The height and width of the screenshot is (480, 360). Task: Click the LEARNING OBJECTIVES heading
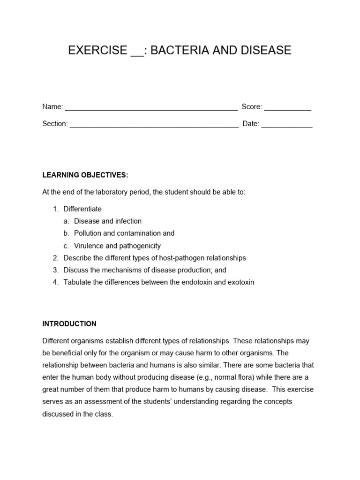point(85,175)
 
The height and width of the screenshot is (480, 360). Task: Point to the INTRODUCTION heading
point(69,324)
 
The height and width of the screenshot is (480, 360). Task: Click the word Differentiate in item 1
point(82,209)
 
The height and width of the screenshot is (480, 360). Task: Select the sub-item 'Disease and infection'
point(107,221)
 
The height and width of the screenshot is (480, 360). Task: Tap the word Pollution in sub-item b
point(88,233)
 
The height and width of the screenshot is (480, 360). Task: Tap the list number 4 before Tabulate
point(55,282)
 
